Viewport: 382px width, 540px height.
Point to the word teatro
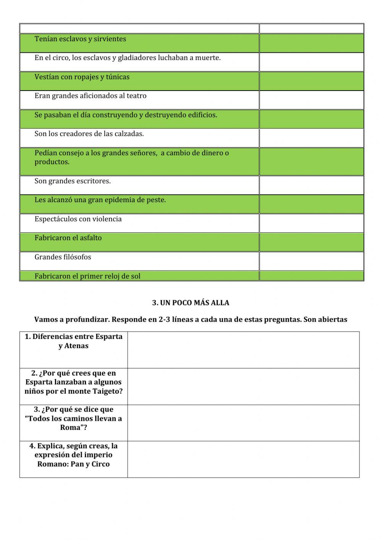(x=136, y=96)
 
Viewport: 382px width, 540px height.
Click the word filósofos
(x=77, y=257)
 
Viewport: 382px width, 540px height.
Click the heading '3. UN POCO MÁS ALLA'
(x=191, y=303)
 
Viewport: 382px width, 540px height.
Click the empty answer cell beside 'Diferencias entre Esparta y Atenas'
(x=243, y=350)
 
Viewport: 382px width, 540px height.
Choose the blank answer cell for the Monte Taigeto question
(x=243, y=386)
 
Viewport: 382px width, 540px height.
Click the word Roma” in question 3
(x=71, y=427)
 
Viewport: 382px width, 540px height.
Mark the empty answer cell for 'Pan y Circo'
(x=243, y=459)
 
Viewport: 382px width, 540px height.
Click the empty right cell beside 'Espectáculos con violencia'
(x=311, y=223)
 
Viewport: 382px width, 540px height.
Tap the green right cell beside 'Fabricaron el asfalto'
(x=311, y=242)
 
